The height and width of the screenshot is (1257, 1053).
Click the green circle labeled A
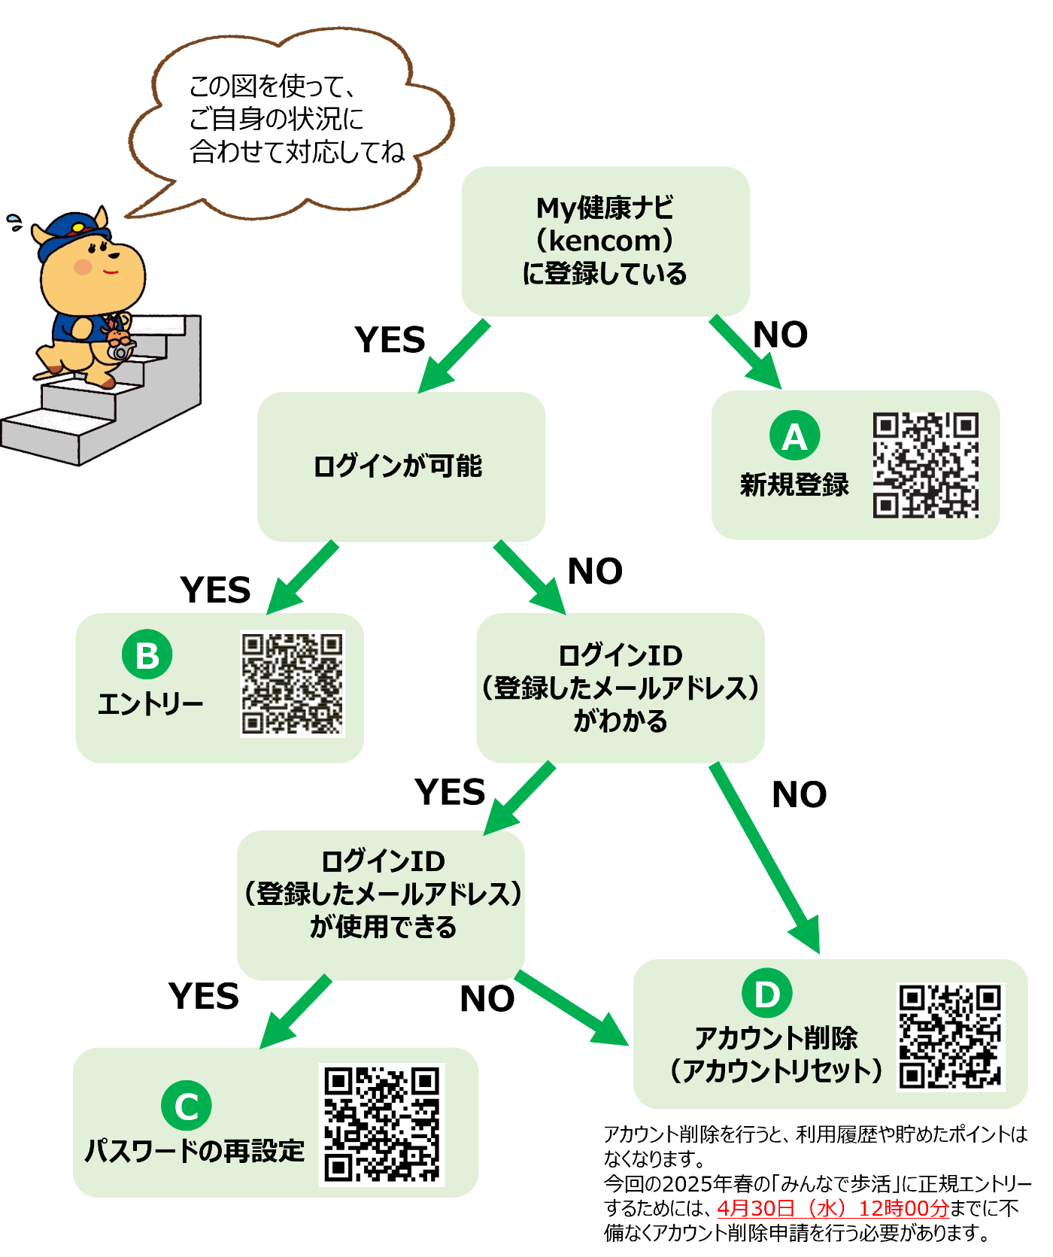[x=794, y=435]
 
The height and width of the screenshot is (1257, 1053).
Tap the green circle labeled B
[x=147, y=654]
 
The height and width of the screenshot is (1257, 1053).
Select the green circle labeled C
[x=187, y=1105]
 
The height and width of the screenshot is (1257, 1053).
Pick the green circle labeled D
[x=767, y=994]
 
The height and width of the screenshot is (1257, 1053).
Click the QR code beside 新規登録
[x=926, y=465]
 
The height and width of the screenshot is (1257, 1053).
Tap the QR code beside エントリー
[x=293, y=684]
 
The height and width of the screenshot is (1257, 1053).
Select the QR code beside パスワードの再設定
[x=382, y=1124]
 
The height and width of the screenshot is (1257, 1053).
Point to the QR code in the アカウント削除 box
[x=951, y=1037]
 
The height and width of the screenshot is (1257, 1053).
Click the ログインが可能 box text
[x=398, y=466]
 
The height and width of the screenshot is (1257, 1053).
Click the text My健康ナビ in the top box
[x=605, y=207]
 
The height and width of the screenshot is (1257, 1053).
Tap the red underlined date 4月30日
[x=756, y=1208]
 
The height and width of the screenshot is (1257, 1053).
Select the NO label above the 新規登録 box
[x=781, y=335]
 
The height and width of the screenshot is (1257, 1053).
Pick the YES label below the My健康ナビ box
[x=390, y=340]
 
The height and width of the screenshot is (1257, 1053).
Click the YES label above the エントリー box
[x=216, y=591]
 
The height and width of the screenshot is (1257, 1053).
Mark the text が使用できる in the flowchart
[x=384, y=927]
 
